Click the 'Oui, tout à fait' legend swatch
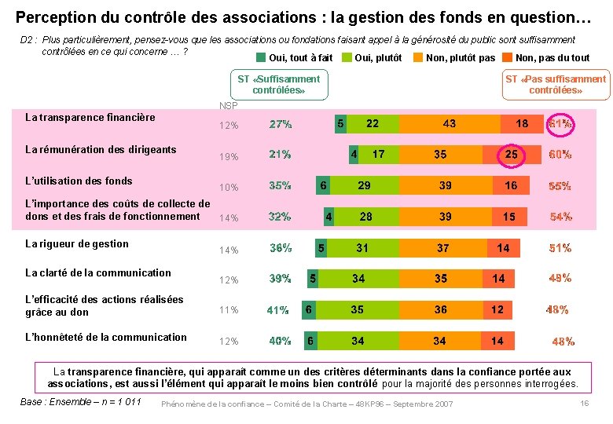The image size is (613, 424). tap(262, 57)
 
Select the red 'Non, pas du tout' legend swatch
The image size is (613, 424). tap(507, 57)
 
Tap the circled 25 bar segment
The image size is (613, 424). tap(512, 155)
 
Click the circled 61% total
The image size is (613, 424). tap(560, 124)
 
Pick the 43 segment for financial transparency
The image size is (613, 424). tap(449, 124)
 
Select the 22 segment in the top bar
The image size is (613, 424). tap(373, 124)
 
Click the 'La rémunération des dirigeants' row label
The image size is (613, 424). tap(101, 149)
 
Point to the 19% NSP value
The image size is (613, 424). tap(229, 156)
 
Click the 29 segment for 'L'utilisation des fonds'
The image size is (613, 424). tap(365, 185)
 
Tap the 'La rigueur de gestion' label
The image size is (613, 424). tap(77, 243)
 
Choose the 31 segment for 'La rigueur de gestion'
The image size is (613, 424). tap(362, 248)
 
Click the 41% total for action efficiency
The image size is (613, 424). tap(277, 310)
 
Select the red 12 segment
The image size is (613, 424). tap(497, 309)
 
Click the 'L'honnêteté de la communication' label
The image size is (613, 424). tap(106, 337)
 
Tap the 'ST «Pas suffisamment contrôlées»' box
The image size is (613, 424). tap(556, 84)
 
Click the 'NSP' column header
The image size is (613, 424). tap(229, 105)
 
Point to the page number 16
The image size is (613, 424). tap(584, 403)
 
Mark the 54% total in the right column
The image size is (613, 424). tap(560, 217)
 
